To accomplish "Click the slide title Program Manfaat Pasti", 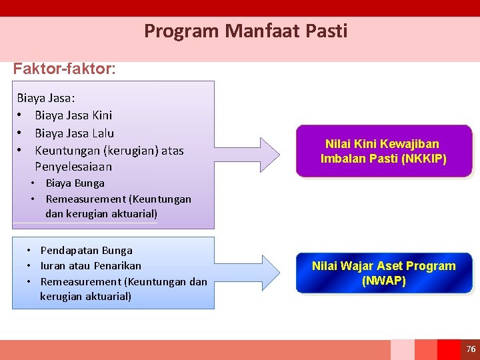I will tap(245, 31).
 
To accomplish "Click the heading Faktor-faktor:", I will tap(64, 69).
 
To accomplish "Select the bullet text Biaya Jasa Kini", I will tap(73, 115).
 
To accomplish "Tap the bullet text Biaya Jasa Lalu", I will tap(74, 133).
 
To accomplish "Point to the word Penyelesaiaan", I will tap(73, 167).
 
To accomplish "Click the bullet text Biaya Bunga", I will tap(75, 183).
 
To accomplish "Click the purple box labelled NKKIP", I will tap(383, 151).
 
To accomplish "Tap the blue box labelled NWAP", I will tap(383, 273).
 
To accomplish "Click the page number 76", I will tap(471, 349).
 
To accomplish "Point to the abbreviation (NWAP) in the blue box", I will tap(383, 281).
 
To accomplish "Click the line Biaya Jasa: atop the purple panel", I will tap(46, 98).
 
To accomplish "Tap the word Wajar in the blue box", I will tap(357, 266).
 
